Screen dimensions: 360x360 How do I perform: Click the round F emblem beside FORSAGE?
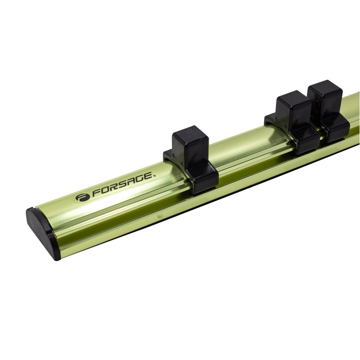pos(82,198)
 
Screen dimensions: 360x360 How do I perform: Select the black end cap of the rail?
pos(44,233)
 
